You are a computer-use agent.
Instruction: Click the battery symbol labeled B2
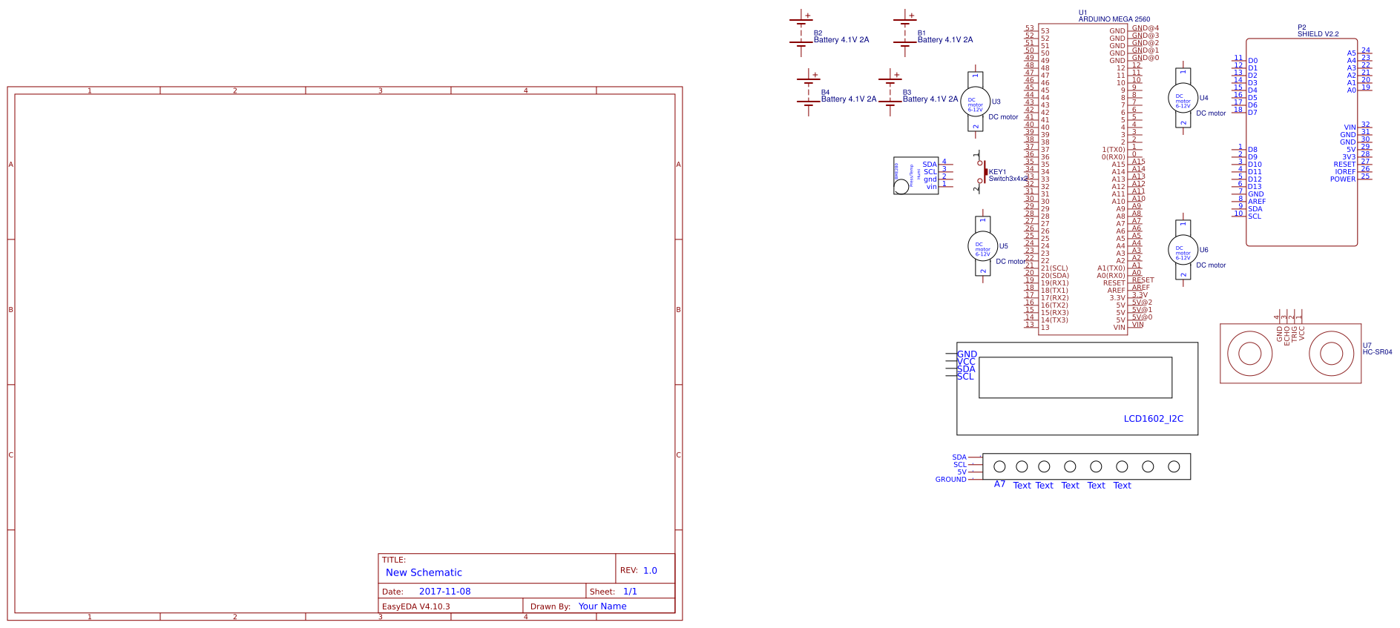(801, 33)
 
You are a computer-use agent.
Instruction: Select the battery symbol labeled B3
(890, 93)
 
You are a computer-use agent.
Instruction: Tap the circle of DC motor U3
(975, 102)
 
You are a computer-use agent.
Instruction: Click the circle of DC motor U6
(1183, 251)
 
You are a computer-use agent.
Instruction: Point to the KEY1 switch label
(997, 172)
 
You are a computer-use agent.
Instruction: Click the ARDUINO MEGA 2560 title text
(1114, 19)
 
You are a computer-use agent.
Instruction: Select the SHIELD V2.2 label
(1318, 34)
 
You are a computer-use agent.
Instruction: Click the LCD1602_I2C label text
(1153, 419)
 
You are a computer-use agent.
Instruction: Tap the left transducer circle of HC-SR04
(1250, 353)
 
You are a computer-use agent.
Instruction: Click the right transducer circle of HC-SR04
(1331, 353)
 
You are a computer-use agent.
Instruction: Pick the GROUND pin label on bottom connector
(950, 480)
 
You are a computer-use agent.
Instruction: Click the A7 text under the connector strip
(999, 484)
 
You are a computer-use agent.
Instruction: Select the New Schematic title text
(424, 572)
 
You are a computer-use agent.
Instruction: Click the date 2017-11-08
(444, 592)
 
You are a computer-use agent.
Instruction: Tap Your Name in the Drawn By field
(602, 606)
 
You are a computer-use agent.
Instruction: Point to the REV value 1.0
(650, 571)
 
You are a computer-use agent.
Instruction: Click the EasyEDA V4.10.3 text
(415, 606)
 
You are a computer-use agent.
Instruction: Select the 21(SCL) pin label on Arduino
(1054, 268)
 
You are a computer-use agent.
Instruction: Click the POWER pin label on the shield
(1342, 179)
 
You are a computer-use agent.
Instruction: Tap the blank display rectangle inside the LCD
(1075, 377)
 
